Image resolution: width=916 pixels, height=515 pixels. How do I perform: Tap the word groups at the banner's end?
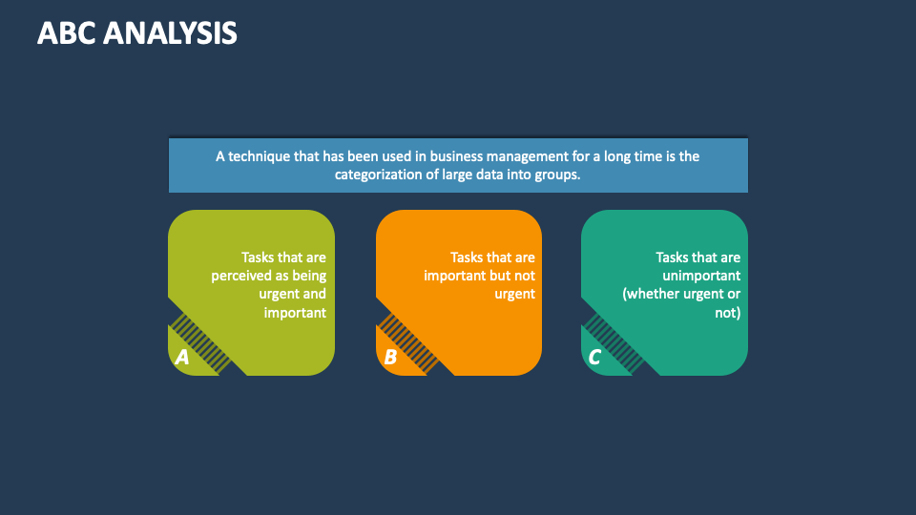tap(558, 175)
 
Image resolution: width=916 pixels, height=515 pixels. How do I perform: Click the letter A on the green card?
tap(182, 358)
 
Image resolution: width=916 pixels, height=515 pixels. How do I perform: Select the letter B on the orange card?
tap(390, 358)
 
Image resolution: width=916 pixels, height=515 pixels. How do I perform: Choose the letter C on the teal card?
tap(594, 358)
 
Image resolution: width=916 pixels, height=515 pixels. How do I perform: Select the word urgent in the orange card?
tap(514, 294)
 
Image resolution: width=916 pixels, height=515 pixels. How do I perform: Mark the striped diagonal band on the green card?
tap(201, 342)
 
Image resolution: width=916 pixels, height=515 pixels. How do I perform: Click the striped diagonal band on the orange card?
tap(409, 342)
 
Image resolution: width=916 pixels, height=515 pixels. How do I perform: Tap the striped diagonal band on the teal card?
tap(614, 342)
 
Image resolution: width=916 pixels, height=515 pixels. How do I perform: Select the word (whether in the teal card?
tap(653, 294)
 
